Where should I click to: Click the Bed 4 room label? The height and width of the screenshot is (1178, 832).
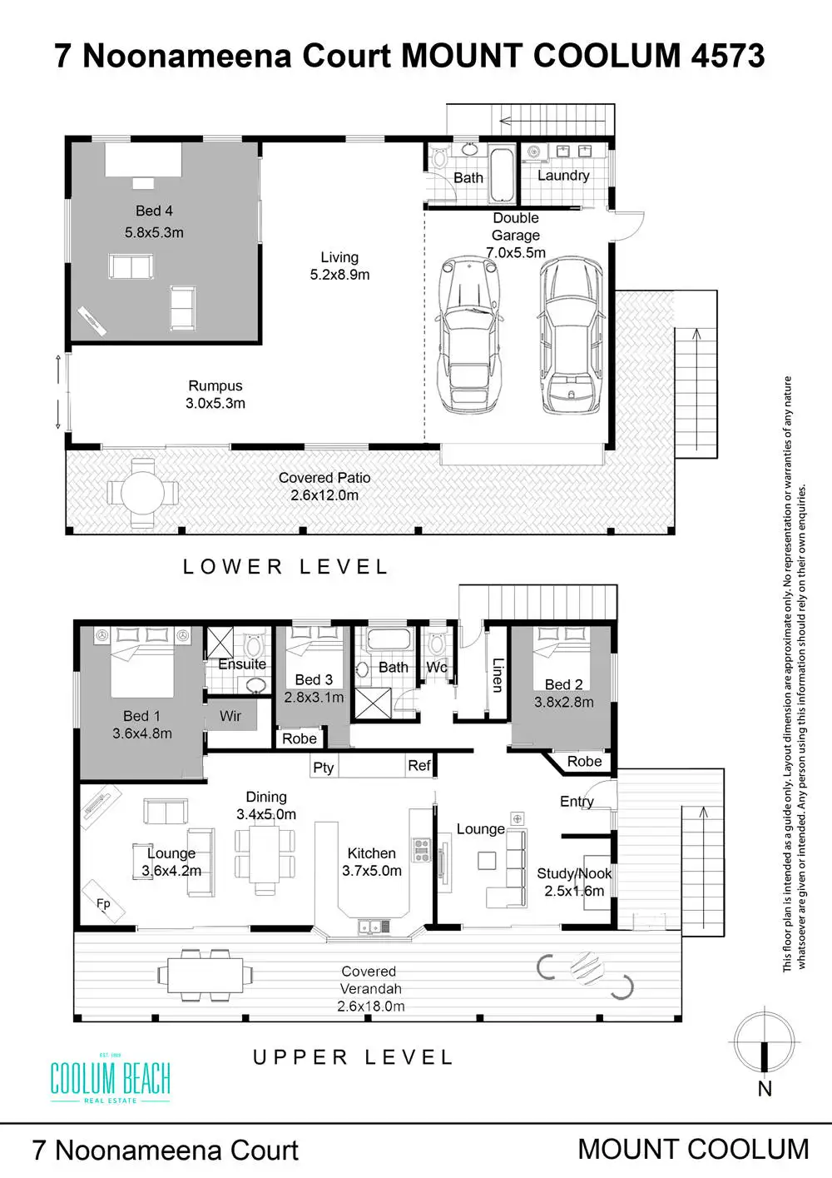(x=154, y=211)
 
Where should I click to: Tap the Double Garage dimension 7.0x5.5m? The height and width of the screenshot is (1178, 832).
(x=516, y=252)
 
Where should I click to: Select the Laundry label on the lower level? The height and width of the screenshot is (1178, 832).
(x=563, y=176)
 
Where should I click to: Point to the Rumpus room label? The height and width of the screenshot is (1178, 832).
(x=215, y=385)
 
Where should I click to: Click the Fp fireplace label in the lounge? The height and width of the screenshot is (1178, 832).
(x=103, y=903)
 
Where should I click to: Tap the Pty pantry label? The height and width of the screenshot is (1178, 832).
(x=324, y=768)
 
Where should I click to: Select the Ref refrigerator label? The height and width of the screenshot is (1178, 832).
(x=418, y=765)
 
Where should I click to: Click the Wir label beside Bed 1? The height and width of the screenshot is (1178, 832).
(x=230, y=716)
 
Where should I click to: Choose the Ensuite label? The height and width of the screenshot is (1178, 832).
(x=242, y=664)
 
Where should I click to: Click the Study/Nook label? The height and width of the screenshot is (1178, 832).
(x=574, y=873)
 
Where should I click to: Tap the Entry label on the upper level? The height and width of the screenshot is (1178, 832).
(x=577, y=802)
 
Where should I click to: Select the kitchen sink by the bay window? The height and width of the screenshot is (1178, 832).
(x=374, y=926)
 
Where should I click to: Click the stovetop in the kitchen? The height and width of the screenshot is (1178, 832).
(x=421, y=850)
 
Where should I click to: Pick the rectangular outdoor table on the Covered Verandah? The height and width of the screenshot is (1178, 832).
(x=206, y=975)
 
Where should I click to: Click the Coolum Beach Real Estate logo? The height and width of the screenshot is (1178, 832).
(x=111, y=1078)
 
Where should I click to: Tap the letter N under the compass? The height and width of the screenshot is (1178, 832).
(x=765, y=1088)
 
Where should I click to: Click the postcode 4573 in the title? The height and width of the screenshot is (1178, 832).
(x=727, y=56)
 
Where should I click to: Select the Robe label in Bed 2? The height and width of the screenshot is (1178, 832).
(x=584, y=761)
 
